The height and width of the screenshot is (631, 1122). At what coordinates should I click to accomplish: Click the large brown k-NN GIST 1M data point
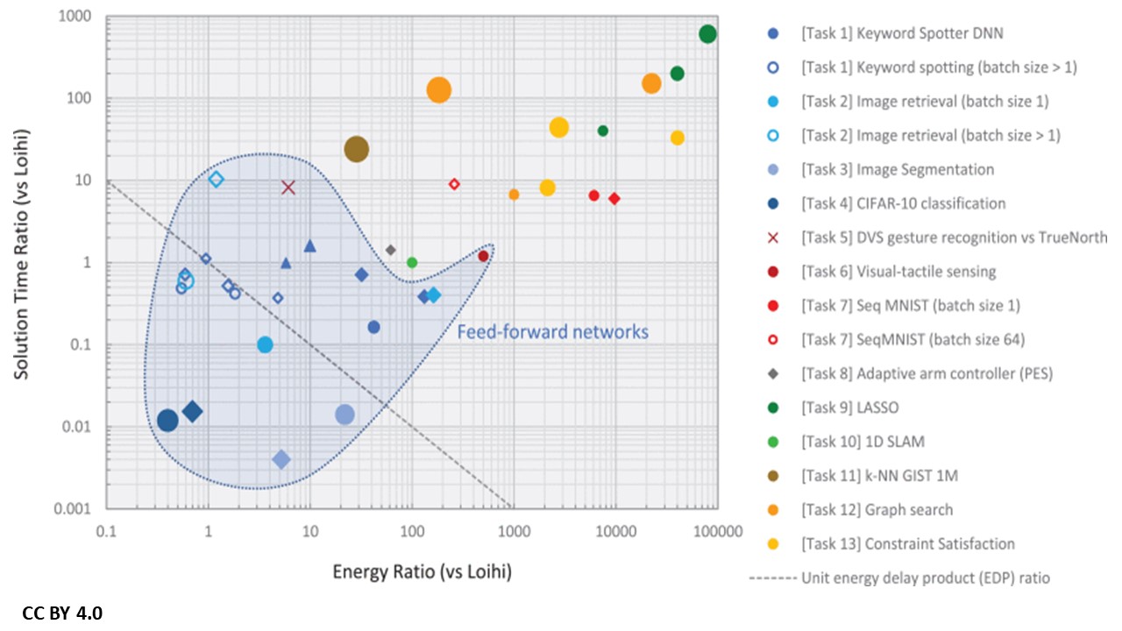pos(356,150)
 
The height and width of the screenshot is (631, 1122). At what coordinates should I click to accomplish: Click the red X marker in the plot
pos(288,187)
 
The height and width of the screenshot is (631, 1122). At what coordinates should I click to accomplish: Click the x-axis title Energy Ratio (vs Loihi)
pos(422,572)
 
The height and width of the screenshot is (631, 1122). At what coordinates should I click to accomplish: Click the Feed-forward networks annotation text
pos(552,331)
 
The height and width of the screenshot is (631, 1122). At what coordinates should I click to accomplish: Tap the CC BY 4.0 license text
pos(62,613)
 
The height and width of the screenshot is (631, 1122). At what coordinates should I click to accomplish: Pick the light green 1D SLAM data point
pos(412,263)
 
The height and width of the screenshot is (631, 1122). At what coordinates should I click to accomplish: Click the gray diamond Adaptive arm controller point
pos(391,250)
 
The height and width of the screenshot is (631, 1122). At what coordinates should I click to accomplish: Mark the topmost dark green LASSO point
pos(708,34)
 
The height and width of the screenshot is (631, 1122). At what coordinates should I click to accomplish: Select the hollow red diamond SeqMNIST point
pos(454,184)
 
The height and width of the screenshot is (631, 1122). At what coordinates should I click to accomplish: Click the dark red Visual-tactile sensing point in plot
pos(483,256)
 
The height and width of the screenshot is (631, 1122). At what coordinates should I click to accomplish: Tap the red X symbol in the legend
pos(772,238)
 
